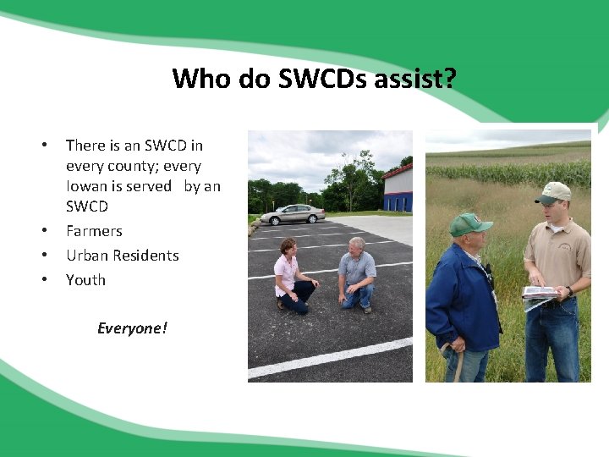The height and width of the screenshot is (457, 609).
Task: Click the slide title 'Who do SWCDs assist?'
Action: coord(314,79)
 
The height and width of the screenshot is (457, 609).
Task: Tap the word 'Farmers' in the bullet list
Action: coord(94,231)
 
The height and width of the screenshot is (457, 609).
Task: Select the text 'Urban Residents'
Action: coord(123,256)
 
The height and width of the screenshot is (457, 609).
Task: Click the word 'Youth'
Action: coord(85,280)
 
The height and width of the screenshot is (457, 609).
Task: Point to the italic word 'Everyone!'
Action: coord(132,328)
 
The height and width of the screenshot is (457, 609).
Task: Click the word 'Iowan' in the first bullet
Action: coord(85,186)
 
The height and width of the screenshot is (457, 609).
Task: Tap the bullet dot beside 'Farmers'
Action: coord(45,231)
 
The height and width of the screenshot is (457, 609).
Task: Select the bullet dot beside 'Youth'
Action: coord(45,280)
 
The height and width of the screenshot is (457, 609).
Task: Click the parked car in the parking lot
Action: coord(292,214)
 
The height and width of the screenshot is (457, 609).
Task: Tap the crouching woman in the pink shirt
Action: coord(289,275)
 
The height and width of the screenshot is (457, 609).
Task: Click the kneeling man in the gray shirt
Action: coord(357,273)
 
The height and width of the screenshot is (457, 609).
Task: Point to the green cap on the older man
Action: coord(469,223)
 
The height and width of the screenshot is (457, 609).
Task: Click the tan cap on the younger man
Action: coord(554,192)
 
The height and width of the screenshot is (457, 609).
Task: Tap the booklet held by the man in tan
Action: coord(539,294)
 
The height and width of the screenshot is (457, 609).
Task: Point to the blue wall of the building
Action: coord(398,201)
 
